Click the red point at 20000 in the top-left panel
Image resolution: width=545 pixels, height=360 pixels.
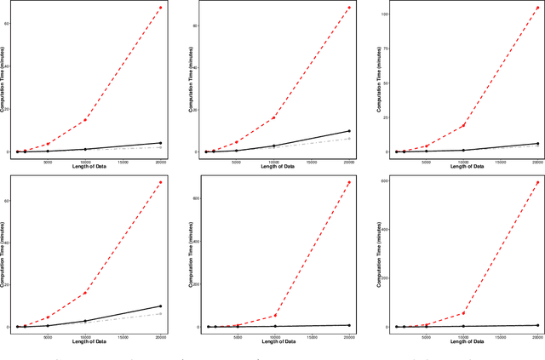pyautogui.click(x=161, y=8)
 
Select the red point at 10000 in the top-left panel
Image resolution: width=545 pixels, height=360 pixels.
pyautogui.click(x=85, y=120)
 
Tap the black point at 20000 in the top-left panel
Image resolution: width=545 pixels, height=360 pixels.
pyautogui.click(x=161, y=143)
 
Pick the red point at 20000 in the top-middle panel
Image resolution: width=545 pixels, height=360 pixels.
pyautogui.click(x=349, y=9)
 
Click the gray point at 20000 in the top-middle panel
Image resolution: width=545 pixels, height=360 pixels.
pyautogui.click(x=349, y=139)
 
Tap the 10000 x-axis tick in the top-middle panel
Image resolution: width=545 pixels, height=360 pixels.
pyautogui.click(x=273, y=159)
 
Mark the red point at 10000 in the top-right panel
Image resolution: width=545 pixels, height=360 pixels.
pyautogui.click(x=462, y=126)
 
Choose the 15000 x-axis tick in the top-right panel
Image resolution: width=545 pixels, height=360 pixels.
pyautogui.click(x=500, y=159)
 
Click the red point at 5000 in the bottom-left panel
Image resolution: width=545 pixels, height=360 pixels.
pyautogui.click(x=48, y=317)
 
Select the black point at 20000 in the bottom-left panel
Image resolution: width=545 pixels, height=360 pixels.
pyautogui.click(x=161, y=306)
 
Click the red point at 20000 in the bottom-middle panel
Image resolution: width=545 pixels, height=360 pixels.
pyautogui.click(x=349, y=182)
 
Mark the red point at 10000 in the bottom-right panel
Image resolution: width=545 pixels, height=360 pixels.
pyautogui.click(x=462, y=313)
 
